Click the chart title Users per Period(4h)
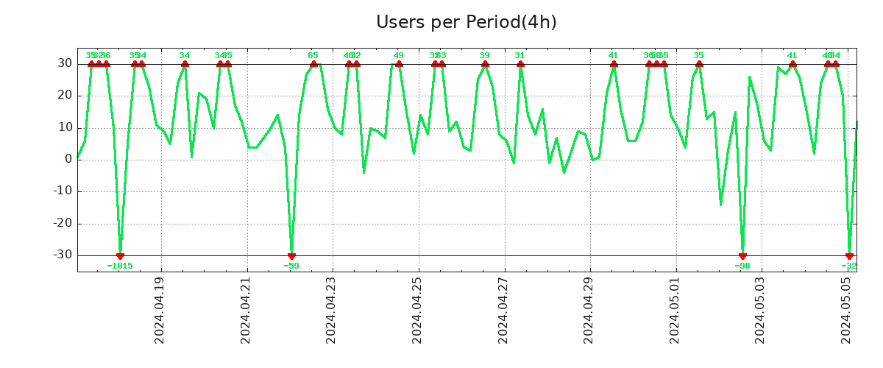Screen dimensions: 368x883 click(x=466, y=22)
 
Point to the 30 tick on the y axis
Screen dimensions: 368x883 click(x=65, y=64)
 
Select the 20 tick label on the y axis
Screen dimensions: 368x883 click(x=65, y=96)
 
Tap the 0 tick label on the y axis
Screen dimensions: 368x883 click(x=68, y=159)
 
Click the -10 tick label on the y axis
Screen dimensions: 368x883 click(x=62, y=191)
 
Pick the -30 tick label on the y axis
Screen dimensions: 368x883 click(x=62, y=255)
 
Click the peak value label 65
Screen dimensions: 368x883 click(x=313, y=55)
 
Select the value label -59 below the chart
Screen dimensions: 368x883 click(x=291, y=266)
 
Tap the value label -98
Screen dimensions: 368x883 click(x=742, y=266)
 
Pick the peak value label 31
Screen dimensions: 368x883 click(x=520, y=55)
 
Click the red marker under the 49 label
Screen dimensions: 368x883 click(x=399, y=64)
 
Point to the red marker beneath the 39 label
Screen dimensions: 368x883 click(x=485, y=64)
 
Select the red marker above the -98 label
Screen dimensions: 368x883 click(x=742, y=256)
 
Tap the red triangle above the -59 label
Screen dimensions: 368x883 click(x=291, y=256)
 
